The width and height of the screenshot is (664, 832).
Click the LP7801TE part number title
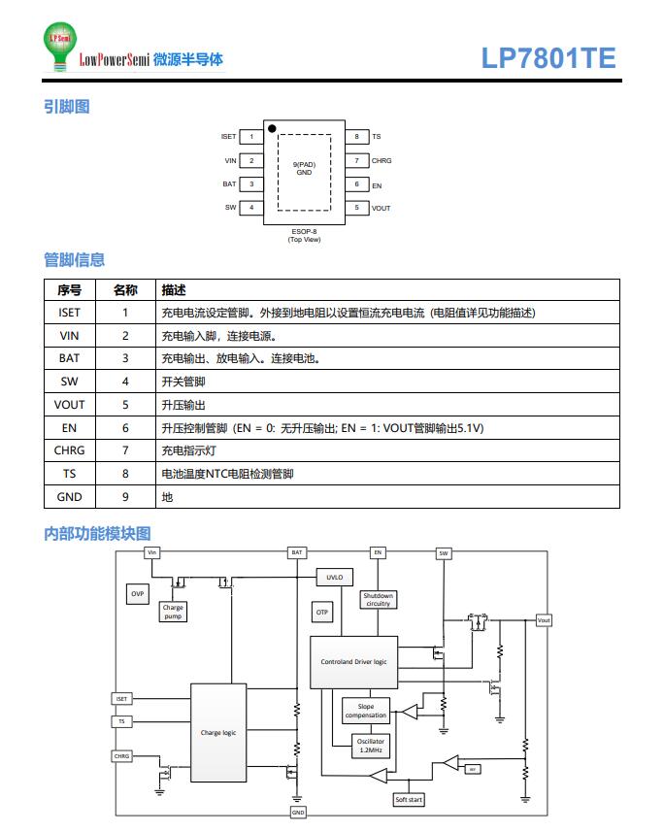tap(548, 58)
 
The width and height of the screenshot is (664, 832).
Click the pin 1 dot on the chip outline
tap(273, 128)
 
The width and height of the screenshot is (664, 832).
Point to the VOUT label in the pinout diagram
tap(382, 208)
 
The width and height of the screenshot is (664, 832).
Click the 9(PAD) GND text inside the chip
tap(304, 168)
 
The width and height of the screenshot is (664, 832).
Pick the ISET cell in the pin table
tap(70, 313)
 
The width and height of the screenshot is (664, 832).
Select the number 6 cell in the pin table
tap(125, 427)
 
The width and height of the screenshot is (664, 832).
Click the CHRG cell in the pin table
tap(70, 450)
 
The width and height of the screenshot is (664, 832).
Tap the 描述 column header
tap(174, 290)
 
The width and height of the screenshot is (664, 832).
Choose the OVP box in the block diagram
tap(138, 593)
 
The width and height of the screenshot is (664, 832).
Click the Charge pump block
tap(173, 612)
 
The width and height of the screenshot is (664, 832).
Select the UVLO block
tap(334, 577)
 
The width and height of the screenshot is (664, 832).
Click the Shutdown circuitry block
tap(378, 599)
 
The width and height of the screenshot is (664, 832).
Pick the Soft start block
tap(409, 800)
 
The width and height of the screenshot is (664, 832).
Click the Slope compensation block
tap(366, 712)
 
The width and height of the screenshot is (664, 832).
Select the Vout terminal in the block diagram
tap(544, 620)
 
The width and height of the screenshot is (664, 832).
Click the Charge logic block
tap(218, 733)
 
